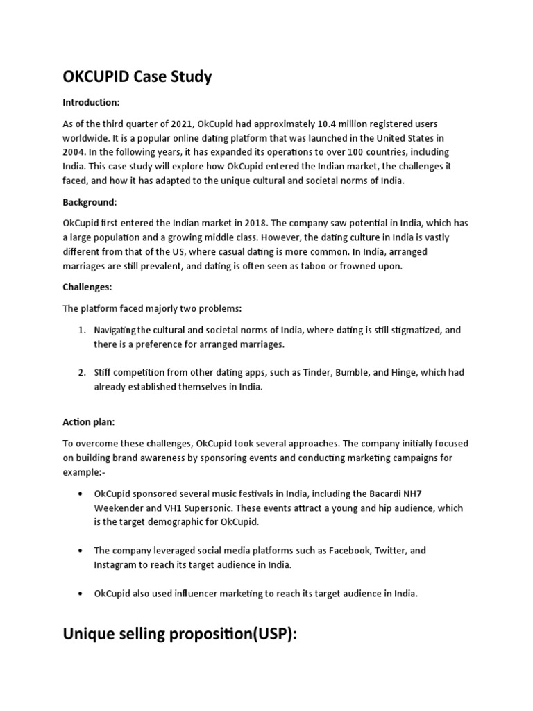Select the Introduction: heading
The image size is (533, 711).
tap(92, 103)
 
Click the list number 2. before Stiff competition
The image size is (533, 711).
tap(82, 372)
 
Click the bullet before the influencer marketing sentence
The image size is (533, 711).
tap(81, 594)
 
